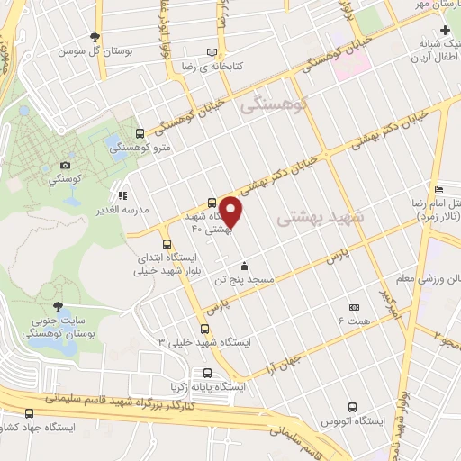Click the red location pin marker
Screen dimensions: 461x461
(x=231, y=211)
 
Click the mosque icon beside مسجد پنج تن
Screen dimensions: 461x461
(x=244, y=266)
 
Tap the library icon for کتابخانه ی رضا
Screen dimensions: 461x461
(x=212, y=53)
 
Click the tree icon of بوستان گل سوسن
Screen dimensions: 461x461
(x=96, y=38)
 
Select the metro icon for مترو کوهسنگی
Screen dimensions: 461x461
(x=138, y=134)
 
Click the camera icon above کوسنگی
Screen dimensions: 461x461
(x=64, y=165)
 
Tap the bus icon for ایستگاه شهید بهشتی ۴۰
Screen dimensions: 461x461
(x=211, y=203)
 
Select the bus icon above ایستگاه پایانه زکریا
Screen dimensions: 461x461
(x=208, y=372)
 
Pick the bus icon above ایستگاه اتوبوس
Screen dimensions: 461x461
(x=352, y=406)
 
